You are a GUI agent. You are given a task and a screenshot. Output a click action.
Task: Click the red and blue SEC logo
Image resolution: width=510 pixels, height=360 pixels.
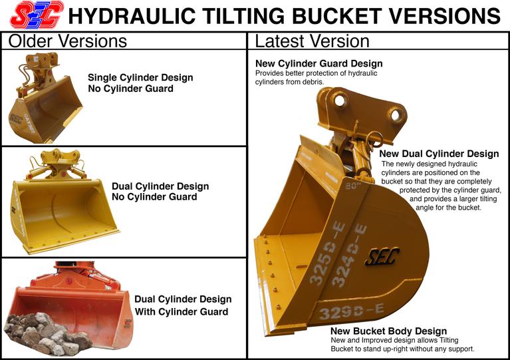[x=37, y=15]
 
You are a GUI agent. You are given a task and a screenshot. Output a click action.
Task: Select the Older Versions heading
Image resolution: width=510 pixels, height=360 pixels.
[x=68, y=41]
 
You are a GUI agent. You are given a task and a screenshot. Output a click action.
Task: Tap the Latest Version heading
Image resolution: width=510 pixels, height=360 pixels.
[x=313, y=41]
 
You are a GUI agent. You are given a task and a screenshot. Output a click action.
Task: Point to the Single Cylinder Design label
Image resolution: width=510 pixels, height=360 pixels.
[x=140, y=77]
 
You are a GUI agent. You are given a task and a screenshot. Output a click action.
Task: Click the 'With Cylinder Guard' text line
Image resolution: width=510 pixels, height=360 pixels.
[x=182, y=311]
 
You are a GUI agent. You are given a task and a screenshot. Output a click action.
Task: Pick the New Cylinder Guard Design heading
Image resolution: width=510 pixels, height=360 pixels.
[x=319, y=63]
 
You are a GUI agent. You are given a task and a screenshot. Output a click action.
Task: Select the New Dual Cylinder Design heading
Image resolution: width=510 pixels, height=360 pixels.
[x=439, y=154]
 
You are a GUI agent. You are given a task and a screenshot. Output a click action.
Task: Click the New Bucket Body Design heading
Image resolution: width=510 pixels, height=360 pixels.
[x=389, y=331]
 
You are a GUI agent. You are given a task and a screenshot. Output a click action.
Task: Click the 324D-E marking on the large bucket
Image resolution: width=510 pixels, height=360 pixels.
[x=348, y=255]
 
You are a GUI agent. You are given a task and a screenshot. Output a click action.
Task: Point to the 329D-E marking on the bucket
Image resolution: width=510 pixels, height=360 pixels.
[x=351, y=311]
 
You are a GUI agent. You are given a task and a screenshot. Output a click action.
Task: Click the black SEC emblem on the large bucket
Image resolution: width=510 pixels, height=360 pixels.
[x=382, y=256]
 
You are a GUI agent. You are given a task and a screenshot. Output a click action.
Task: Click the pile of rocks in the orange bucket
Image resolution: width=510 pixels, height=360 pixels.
[x=48, y=333]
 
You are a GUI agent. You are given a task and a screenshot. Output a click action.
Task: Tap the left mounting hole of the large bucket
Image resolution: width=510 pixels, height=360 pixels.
[x=340, y=100]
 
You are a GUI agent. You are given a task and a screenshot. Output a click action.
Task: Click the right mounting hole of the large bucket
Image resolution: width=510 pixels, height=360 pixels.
[x=396, y=115]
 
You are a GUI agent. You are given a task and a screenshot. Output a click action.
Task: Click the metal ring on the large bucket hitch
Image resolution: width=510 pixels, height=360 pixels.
[x=375, y=138]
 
